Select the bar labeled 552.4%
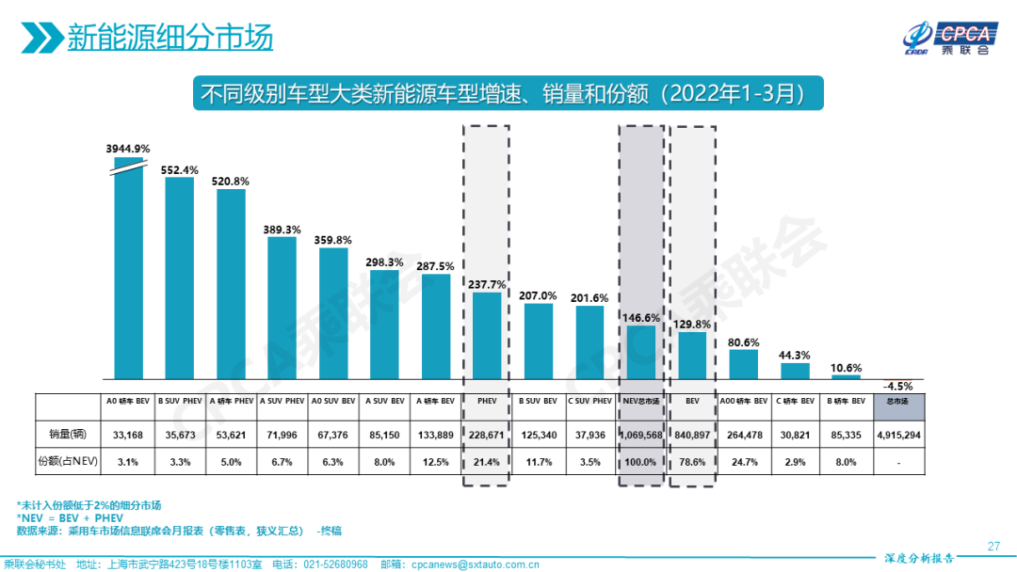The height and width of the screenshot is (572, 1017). [x=180, y=278]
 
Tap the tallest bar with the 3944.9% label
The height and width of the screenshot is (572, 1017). [x=129, y=273]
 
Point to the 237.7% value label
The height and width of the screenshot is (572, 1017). [x=487, y=284]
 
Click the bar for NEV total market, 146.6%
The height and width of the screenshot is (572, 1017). [x=640, y=352]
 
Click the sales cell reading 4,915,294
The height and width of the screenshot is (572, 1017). [x=898, y=435]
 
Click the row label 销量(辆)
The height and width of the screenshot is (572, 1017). [x=69, y=435]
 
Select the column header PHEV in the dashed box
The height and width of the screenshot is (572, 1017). [x=487, y=402]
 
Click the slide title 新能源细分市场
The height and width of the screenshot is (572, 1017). [x=170, y=39]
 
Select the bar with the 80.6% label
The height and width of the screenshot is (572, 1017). [x=743, y=364]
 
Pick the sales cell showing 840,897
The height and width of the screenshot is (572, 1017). [x=692, y=435]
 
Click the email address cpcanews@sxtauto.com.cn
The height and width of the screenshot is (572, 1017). [x=474, y=564]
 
